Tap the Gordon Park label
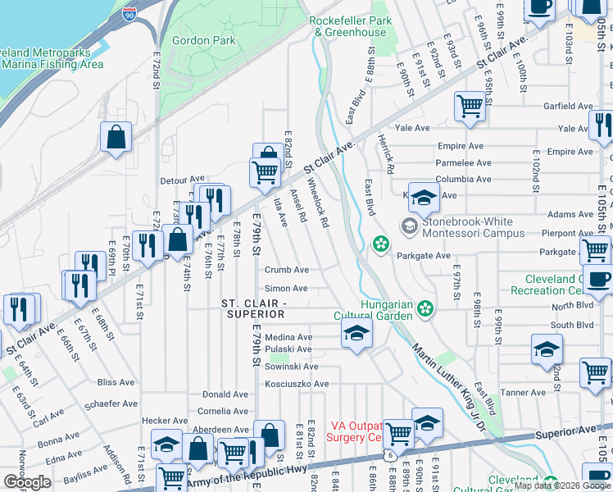click(197, 39)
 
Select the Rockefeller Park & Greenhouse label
click(348, 26)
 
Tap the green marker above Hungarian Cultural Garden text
click(425, 308)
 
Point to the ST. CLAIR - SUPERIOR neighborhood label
click(253, 309)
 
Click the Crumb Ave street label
click(286, 270)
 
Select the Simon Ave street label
click(286, 289)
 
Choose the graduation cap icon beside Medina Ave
click(356, 334)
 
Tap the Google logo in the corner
click(27, 481)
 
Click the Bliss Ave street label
click(116, 382)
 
